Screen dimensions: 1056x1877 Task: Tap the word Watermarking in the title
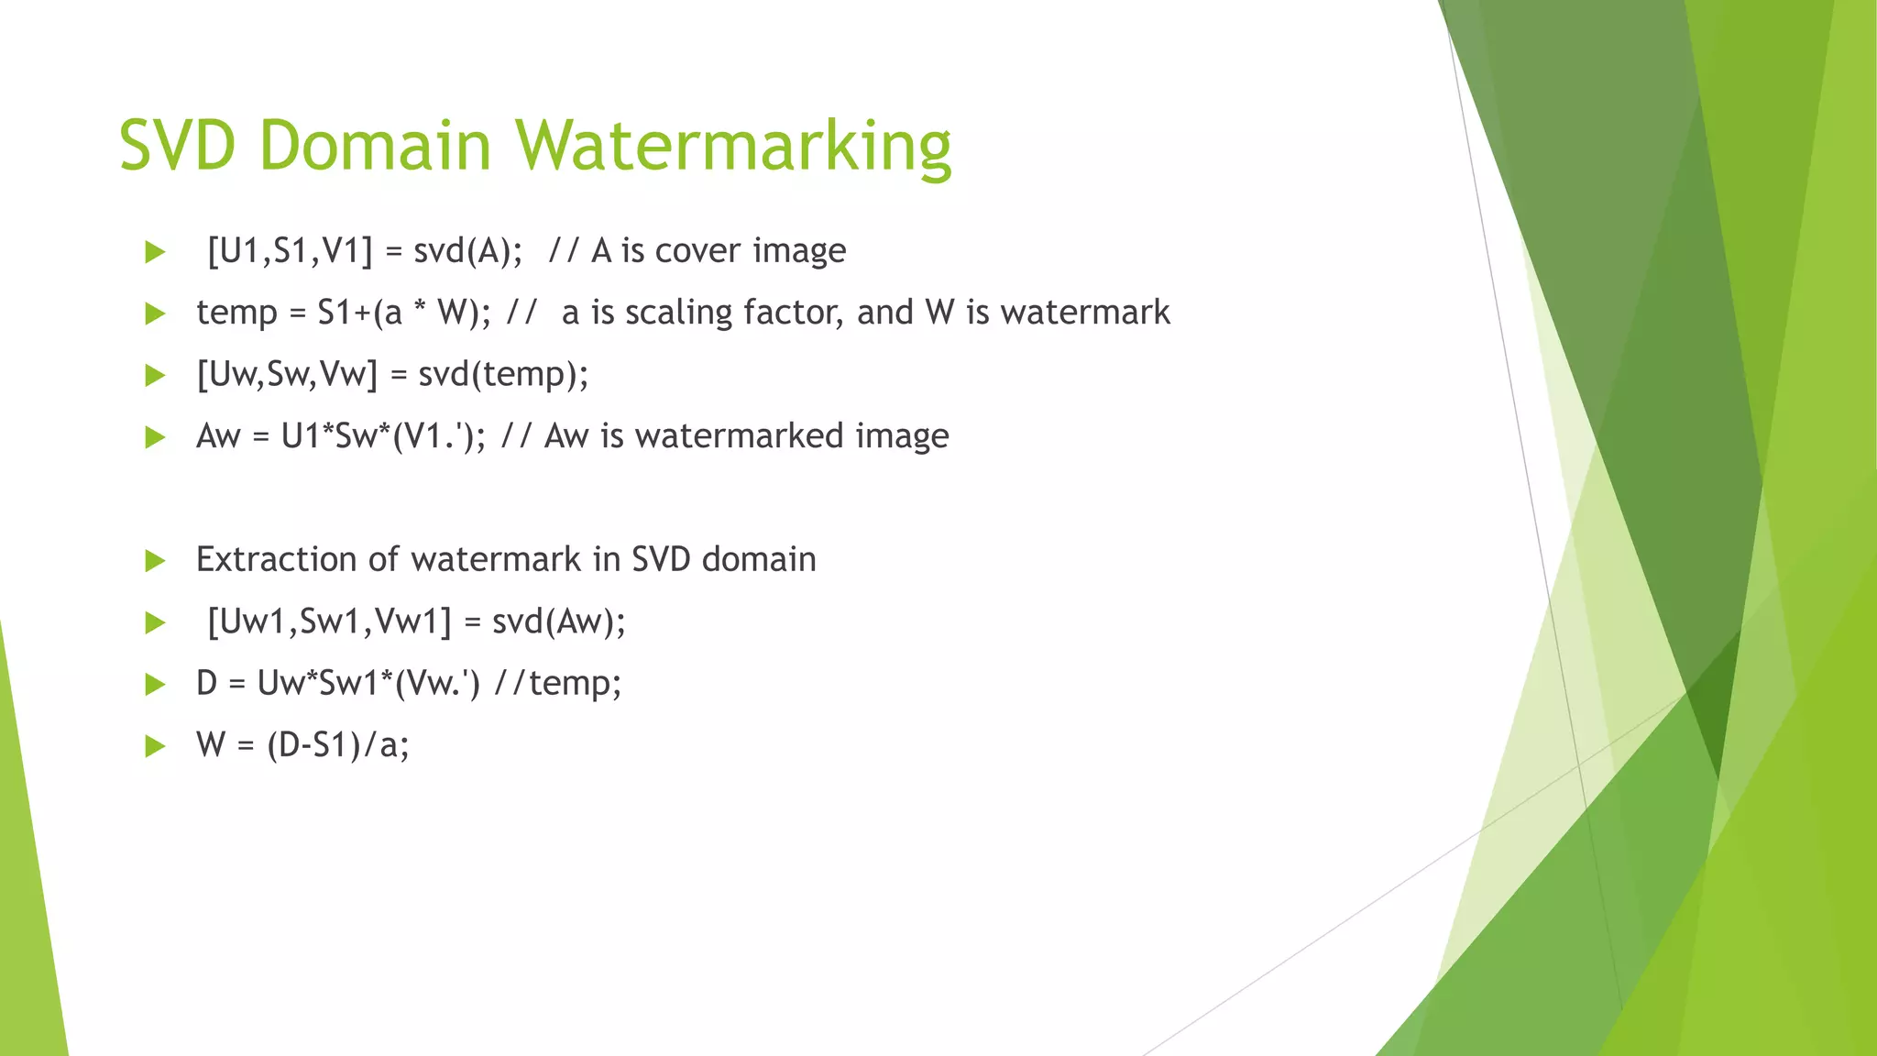click(732, 146)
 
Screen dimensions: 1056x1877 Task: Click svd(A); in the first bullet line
click(468, 251)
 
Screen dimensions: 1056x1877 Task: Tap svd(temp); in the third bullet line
click(503, 374)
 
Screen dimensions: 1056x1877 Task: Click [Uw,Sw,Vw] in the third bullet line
click(287, 374)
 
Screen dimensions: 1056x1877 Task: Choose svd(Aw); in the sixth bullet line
click(559, 621)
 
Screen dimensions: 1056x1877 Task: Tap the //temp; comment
click(557, 683)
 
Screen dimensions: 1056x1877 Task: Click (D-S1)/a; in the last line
click(338, 745)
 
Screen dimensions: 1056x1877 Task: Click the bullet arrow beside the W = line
click(155, 746)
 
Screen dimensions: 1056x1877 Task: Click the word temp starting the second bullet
click(236, 313)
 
